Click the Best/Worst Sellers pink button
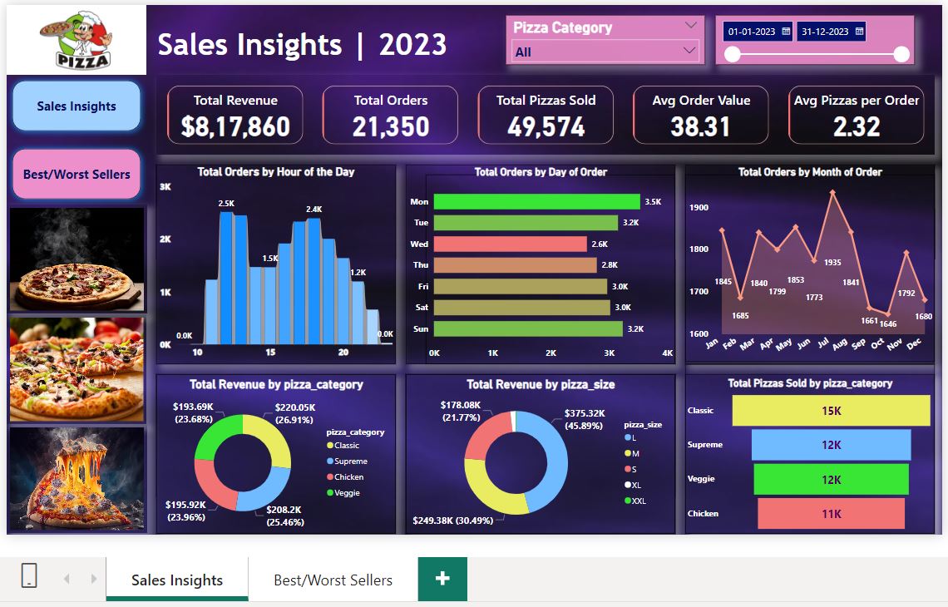tap(77, 174)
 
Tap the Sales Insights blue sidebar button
tap(77, 106)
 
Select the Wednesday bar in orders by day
tap(510, 244)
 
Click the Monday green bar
tap(536, 201)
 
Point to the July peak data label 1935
tap(832, 262)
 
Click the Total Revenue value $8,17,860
tap(235, 126)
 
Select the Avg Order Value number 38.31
tap(701, 126)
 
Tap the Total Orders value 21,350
tap(391, 126)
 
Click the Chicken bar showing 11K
tap(831, 514)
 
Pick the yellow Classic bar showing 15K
tap(831, 411)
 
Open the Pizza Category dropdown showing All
tap(605, 52)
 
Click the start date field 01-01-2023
tap(758, 32)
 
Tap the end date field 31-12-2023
tap(831, 32)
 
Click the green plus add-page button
tap(442, 579)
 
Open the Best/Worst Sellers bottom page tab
tap(333, 580)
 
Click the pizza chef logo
tap(77, 39)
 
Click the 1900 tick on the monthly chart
tap(699, 207)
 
